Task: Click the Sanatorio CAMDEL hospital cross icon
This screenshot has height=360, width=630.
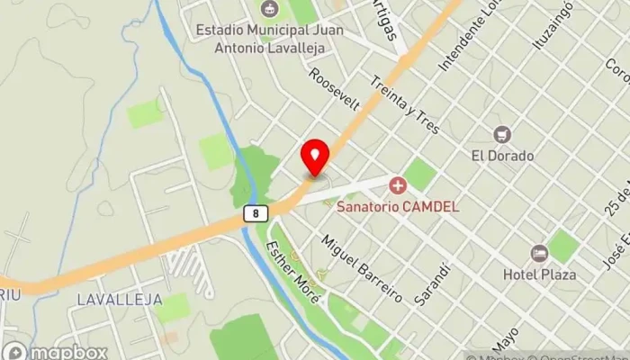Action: point(397,186)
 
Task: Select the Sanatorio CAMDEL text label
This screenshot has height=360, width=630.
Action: point(398,206)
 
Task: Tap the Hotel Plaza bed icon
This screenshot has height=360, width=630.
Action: point(539,254)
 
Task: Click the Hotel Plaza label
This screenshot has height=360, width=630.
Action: point(539,274)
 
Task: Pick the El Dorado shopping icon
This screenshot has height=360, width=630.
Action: point(503,135)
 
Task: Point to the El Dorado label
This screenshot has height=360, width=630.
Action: point(503,156)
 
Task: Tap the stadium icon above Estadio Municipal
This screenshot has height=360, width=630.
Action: point(267,10)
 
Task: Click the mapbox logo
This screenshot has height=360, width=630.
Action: point(55,351)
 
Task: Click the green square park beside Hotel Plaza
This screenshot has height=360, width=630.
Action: point(563,246)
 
